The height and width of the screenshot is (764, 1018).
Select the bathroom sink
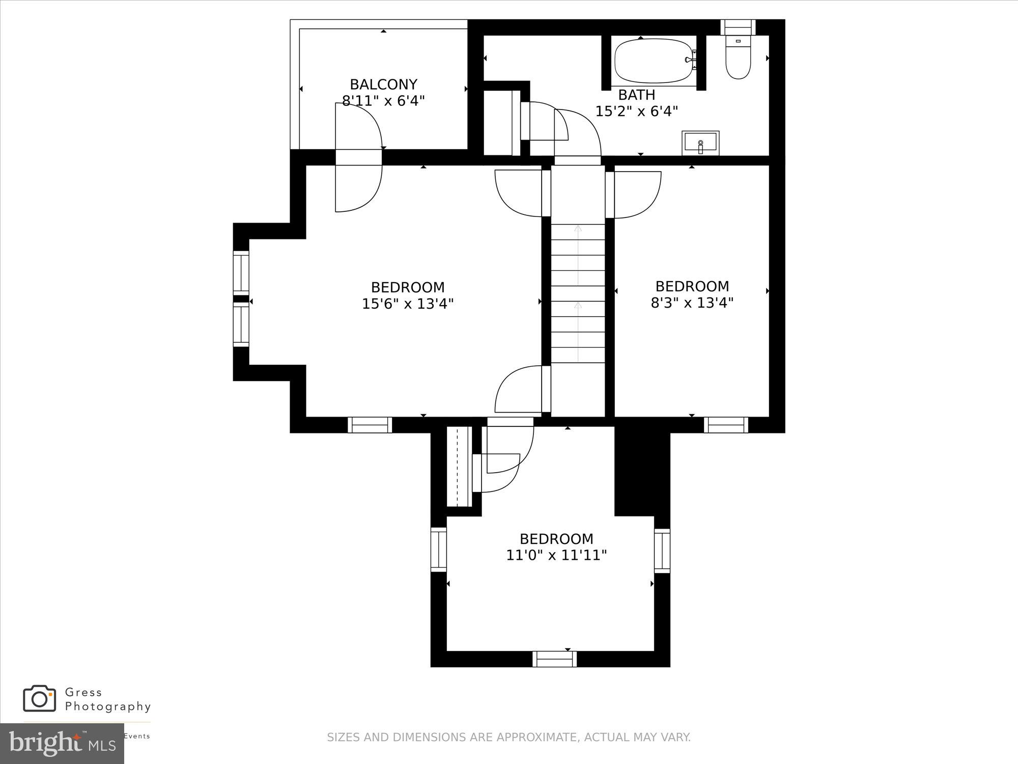(x=700, y=143)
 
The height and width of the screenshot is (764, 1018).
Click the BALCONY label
(x=383, y=84)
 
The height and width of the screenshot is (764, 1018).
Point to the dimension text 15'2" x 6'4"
(x=637, y=111)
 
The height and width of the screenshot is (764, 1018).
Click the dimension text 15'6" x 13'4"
(x=408, y=304)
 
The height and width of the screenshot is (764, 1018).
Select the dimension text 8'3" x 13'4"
(x=692, y=303)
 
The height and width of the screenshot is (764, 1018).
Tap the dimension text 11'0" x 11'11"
(x=556, y=555)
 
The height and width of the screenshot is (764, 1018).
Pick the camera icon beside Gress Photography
(x=39, y=698)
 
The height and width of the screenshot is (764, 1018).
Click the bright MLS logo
(x=62, y=743)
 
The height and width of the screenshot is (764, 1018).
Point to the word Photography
(x=108, y=706)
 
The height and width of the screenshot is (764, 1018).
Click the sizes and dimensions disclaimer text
(x=508, y=737)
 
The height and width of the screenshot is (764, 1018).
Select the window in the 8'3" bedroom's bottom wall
(x=726, y=425)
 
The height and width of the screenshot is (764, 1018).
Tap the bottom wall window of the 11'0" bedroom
(x=555, y=659)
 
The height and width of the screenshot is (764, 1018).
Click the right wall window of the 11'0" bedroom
(x=662, y=550)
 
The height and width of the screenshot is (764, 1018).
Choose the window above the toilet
(x=738, y=26)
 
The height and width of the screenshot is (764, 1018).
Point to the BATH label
(x=636, y=95)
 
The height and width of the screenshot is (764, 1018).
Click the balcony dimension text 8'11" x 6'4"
(x=383, y=100)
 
